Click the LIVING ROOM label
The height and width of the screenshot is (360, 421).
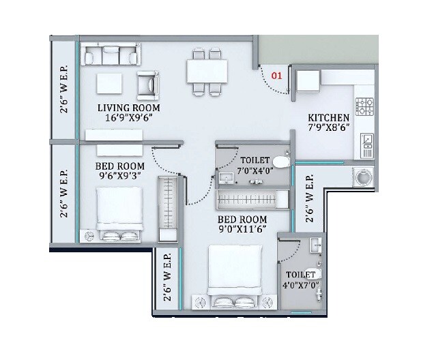128,108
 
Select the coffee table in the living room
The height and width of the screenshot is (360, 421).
109,84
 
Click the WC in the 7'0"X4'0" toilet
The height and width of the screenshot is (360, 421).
284,161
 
